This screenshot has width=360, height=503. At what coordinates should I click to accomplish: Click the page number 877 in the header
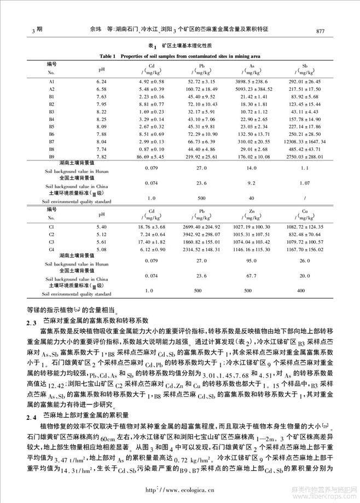[x=321, y=31]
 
